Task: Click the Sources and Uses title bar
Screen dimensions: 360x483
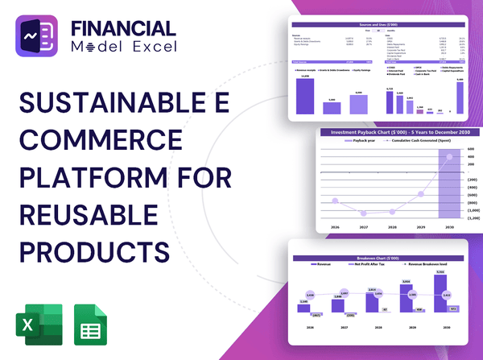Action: point(378,26)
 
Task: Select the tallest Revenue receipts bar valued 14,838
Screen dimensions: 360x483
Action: point(305,95)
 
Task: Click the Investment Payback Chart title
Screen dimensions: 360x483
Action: point(394,132)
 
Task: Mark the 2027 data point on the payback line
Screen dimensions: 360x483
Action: point(364,213)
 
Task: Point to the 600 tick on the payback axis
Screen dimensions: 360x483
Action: point(470,149)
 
